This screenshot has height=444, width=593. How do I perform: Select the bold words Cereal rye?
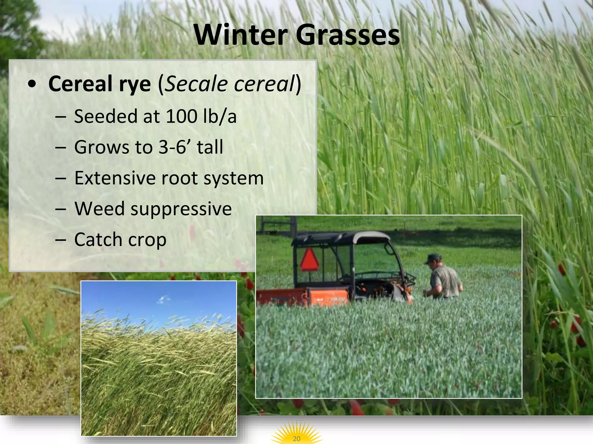coord(100,84)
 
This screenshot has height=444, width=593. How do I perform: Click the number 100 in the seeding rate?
coord(181,116)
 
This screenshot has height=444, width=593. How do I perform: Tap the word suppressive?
coord(181,209)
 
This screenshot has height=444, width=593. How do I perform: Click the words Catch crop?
coord(120,240)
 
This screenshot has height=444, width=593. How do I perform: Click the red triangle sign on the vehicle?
coord(309,260)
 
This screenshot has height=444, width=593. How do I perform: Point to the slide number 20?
coord(296,439)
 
